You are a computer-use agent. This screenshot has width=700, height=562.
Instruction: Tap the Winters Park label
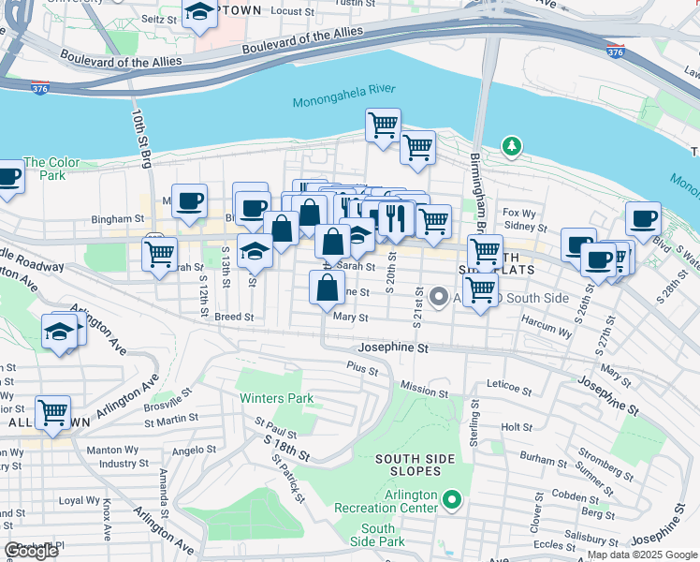[276, 398]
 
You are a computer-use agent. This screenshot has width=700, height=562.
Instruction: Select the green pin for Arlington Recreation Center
[453, 499]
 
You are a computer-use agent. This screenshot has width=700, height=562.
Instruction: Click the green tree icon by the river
[511, 146]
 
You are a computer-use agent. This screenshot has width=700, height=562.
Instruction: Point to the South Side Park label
[378, 535]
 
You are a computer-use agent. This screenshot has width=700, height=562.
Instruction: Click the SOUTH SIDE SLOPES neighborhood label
[415, 466]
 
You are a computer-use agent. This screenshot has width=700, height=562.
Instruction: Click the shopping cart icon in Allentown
[53, 411]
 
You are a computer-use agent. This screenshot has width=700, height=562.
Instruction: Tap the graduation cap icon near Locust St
[198, 13]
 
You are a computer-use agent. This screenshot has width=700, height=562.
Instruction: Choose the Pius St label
[361, 370]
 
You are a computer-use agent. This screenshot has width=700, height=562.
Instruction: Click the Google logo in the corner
[31, 551]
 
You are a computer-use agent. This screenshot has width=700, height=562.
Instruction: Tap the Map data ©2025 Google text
[641, 555]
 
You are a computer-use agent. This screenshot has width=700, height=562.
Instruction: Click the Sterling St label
[474, 423]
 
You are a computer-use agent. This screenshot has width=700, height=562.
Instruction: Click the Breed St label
[234, 318]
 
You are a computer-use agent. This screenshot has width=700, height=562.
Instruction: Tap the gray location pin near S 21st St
[439, 298]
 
